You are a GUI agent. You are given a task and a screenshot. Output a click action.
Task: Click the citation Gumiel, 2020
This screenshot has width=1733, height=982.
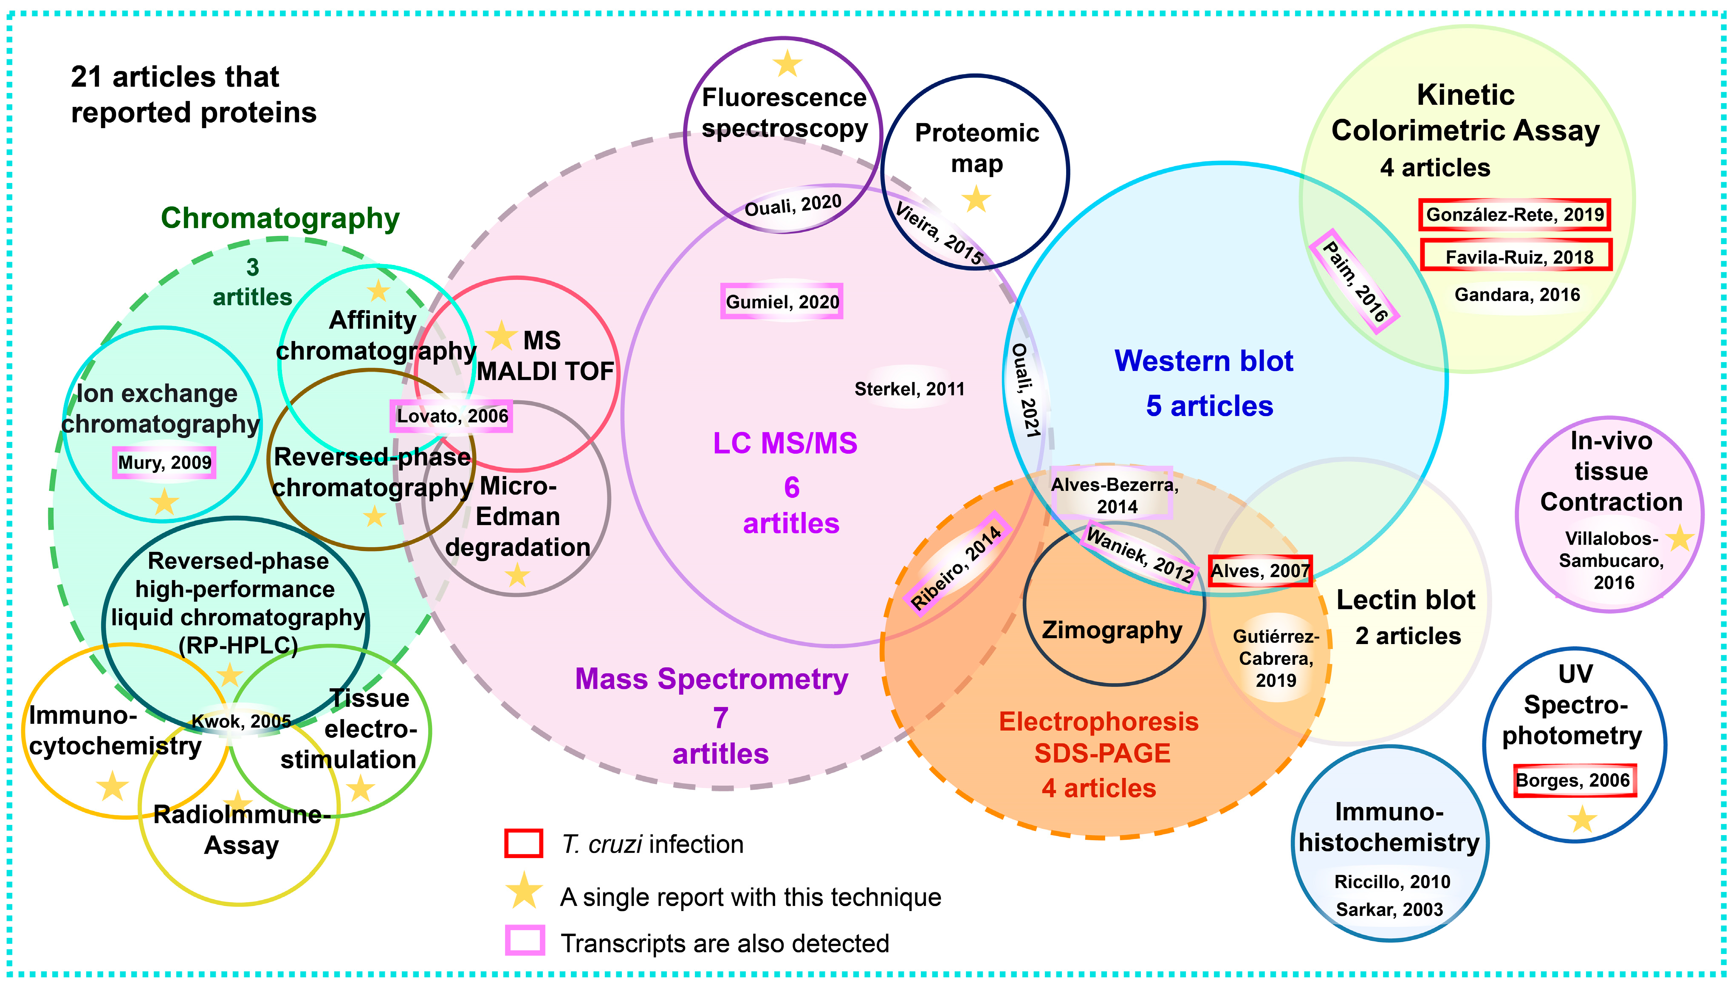click(782, 301)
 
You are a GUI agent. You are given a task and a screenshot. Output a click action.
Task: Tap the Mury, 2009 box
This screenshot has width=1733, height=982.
click(164, 463)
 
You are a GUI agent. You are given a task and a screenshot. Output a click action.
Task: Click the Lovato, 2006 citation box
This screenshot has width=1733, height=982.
click(451, 416)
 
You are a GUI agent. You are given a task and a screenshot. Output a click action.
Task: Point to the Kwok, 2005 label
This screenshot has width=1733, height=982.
click(241, 722)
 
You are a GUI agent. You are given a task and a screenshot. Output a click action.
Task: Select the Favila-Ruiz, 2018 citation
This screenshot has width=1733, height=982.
click(1516, 256)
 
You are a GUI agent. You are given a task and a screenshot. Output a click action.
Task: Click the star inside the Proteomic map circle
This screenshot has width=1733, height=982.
click(975, 200)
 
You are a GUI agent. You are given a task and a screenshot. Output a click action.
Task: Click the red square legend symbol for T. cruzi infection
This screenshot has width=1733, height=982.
click(523, 843)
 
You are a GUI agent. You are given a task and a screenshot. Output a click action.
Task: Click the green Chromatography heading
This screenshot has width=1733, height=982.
click(280, 219)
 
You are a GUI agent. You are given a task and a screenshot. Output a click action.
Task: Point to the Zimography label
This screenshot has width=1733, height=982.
click(1112, 630)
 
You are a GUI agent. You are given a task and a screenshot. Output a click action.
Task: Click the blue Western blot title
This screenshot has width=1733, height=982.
click(1203, 361)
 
